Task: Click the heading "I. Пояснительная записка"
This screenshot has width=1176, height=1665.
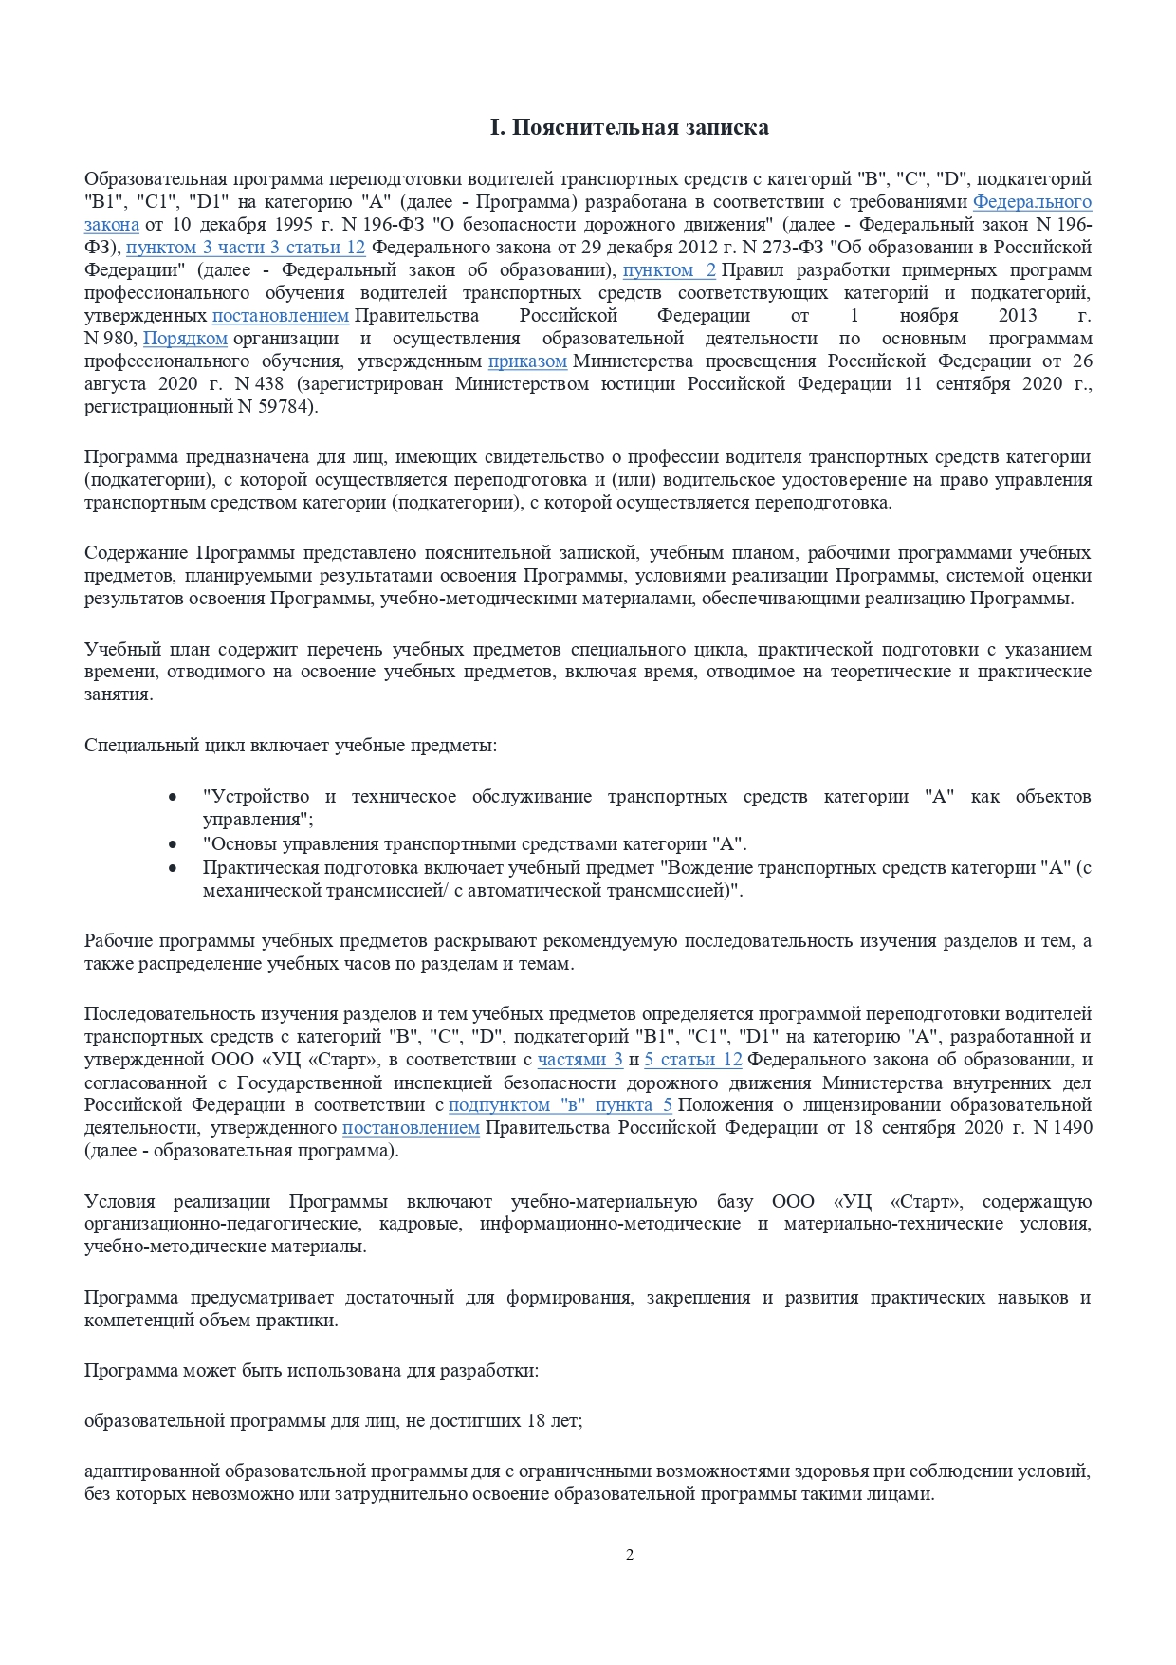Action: (x=629, y=127)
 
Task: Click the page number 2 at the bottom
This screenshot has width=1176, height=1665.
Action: (x=630, y=1554)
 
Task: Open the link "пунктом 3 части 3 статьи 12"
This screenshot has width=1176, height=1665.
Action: (x=246, y=248)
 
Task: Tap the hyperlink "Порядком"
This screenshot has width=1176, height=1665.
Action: (x=185, y=339)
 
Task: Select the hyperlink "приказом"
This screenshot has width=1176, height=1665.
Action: (x=527, y=361)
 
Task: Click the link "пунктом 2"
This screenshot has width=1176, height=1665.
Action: (x=669, y=270)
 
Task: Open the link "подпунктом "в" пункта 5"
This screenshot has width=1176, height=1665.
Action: (x=560, y=1105)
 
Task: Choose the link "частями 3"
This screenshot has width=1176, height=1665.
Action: (x=579, y=1060)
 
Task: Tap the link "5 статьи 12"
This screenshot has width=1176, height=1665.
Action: (x=692, y=1060)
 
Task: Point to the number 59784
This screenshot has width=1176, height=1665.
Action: (x=285, y=407)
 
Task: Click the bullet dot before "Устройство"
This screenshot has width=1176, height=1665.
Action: (x=172, y=798)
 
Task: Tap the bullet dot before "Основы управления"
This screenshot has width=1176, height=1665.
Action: (x=172, y=844)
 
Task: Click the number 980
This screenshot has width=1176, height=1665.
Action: (x=124, y=339)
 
